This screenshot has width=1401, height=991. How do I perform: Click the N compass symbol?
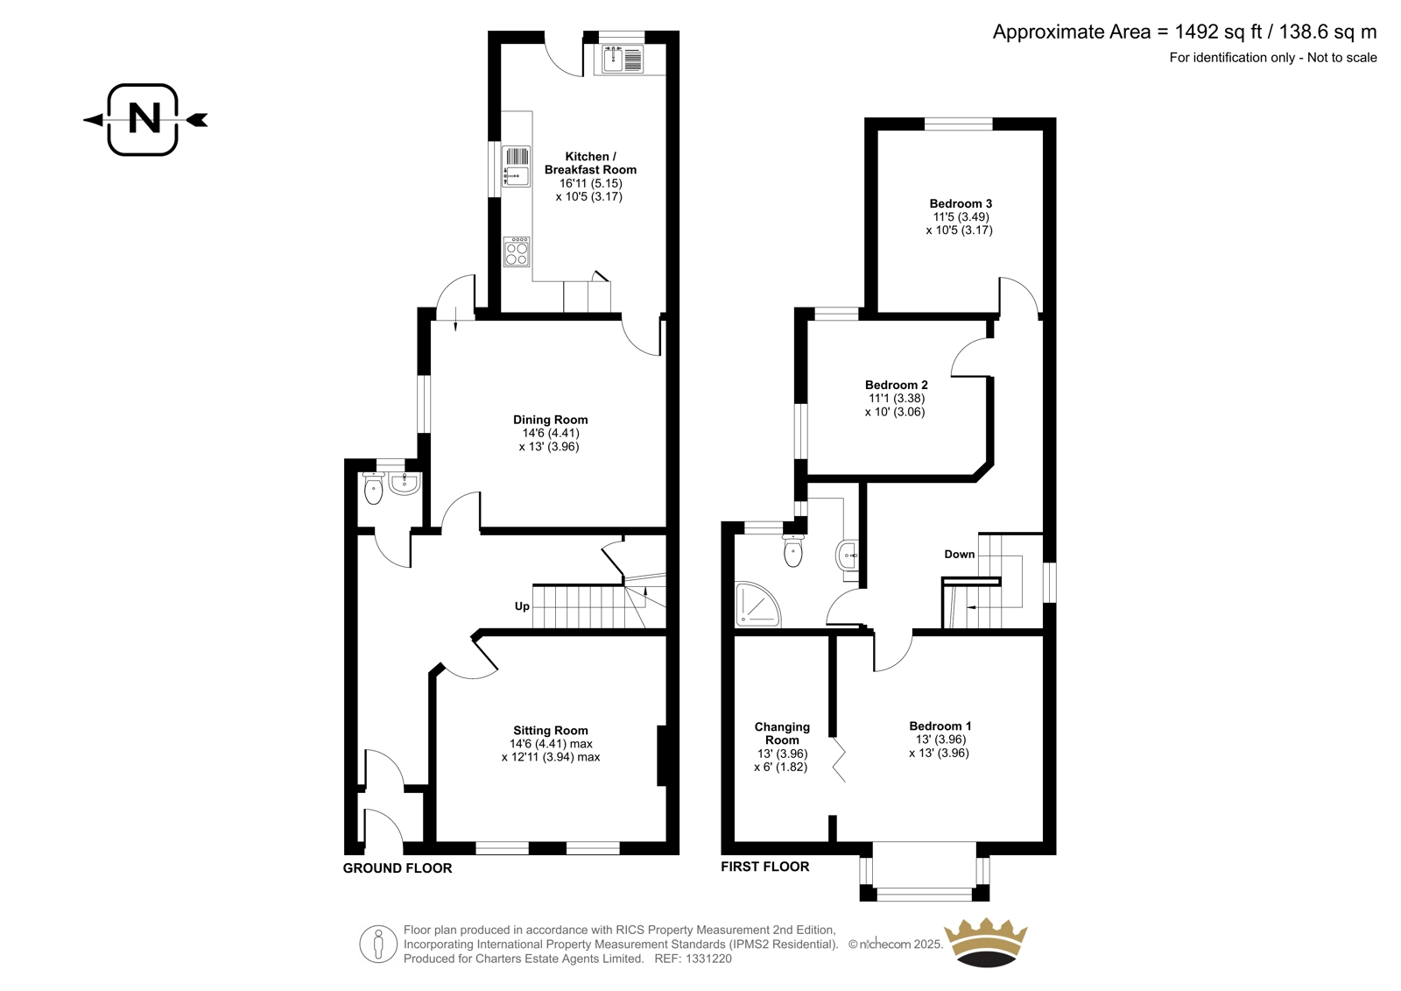[x=144, y=119]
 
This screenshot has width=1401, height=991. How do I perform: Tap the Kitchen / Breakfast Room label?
[x=590, y=163]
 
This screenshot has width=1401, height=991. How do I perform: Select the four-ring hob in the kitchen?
[x=517, y=251]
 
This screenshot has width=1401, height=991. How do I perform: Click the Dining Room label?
[x=551, y=420]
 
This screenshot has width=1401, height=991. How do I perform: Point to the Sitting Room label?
[x=551, y=730]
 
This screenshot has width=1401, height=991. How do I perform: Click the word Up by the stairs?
[x=522, y=606]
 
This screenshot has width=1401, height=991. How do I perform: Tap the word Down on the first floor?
[x=960, y=554]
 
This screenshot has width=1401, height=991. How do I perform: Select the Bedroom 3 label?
[x=961, y=203]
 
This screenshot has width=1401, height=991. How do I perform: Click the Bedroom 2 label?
[x=897, y=385]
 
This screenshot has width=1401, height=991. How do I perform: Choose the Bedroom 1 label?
[x=940, y=726]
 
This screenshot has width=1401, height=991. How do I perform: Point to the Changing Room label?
[x=782, y=733]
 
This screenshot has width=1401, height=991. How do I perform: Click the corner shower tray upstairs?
[x=758, y=604]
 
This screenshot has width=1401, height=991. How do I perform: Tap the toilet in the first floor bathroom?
[x=793, y=550]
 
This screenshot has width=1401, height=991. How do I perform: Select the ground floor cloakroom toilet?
[x=373, y=488]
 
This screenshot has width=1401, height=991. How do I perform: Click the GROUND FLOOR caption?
[x=398, y=867]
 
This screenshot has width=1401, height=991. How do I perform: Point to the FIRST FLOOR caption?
[x=765, y=867]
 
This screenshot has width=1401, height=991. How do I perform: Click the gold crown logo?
[x=986, y=943]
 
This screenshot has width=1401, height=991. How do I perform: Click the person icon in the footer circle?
[x=377, y=944]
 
